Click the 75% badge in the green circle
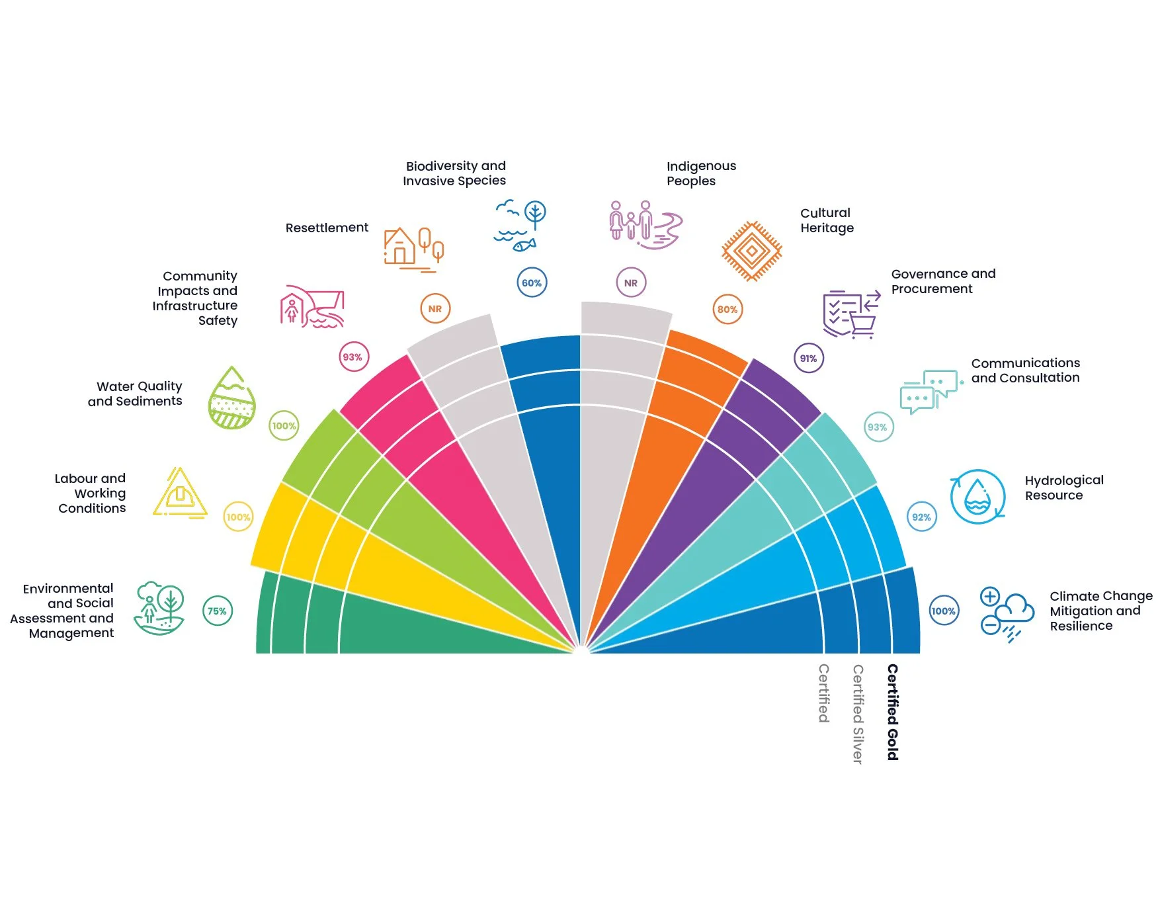pos(217,611)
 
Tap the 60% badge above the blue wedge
pos(532,282)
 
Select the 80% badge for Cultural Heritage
pos(727,309)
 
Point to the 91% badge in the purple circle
pos(808,358)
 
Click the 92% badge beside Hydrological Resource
pos(921,517)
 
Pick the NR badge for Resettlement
pos(435,308)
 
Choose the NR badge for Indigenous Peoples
pos(631,282)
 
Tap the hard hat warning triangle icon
pos(180,493)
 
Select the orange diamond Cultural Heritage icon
pos(751,251)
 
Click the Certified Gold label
pos(892,712)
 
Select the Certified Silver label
pos(858,714)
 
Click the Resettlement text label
pos(327,228)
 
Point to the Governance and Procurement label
pos(943,281)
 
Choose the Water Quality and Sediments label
pos(136,394)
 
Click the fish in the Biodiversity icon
pos(524,245)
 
